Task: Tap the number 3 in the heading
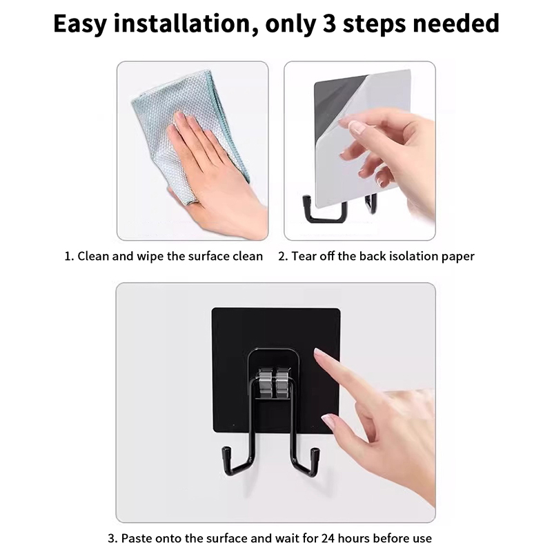tap(329, 23)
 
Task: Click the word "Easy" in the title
tap(80, 24)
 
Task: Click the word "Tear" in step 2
tap(303, 256)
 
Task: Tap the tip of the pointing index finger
tap(317, 351)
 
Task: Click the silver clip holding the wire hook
tap(275, 382)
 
